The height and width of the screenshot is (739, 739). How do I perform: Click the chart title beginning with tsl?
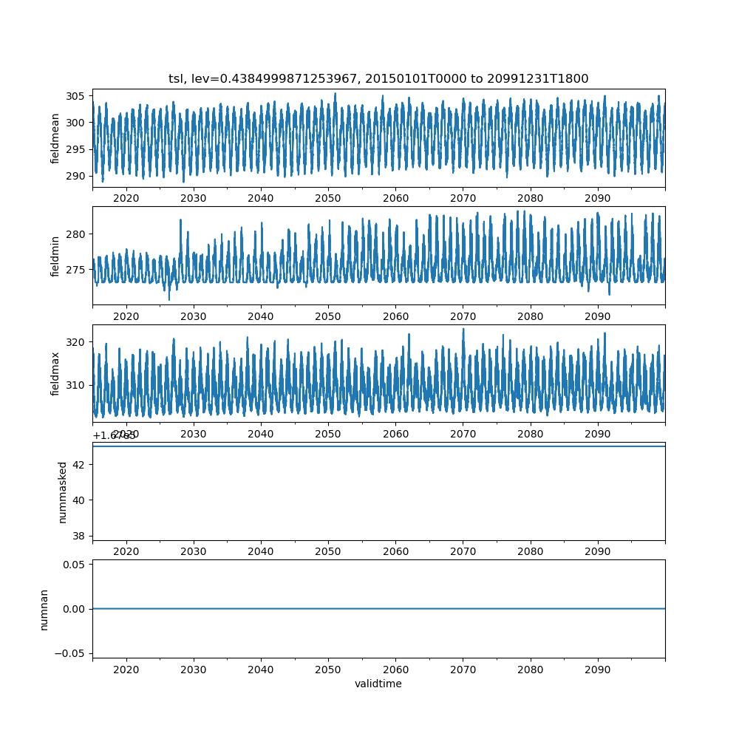(378, 78)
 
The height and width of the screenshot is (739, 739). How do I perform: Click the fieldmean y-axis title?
(55, 138)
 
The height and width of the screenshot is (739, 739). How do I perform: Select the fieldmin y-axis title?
(55, 256)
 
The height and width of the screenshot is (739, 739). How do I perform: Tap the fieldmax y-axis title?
(55, 374)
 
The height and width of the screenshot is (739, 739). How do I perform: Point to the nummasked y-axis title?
(63, 492)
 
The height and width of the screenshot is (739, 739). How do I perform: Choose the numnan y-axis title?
(44, 609)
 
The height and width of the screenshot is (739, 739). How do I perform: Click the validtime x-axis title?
(378, 684)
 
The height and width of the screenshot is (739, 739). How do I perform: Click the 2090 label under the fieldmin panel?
(597, 316)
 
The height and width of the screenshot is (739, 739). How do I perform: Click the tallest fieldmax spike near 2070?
(463, 330)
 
